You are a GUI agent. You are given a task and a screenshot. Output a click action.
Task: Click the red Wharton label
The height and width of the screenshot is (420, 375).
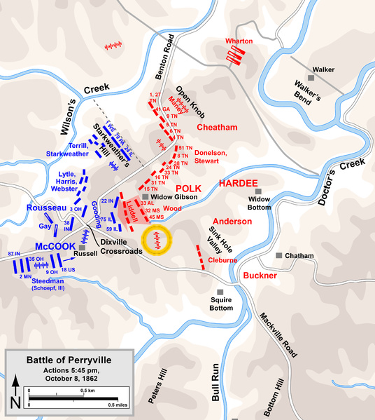(x=239, y=41)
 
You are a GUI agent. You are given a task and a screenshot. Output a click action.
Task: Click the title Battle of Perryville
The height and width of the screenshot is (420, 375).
(x=69, y=360)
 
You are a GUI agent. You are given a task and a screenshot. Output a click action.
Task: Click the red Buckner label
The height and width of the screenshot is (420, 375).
(x=261, y=276)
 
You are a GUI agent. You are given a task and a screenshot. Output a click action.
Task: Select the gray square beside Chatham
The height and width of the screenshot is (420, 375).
(x=279, y=255)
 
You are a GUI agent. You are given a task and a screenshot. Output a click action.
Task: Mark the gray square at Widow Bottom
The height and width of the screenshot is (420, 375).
(x=257, y=191)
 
